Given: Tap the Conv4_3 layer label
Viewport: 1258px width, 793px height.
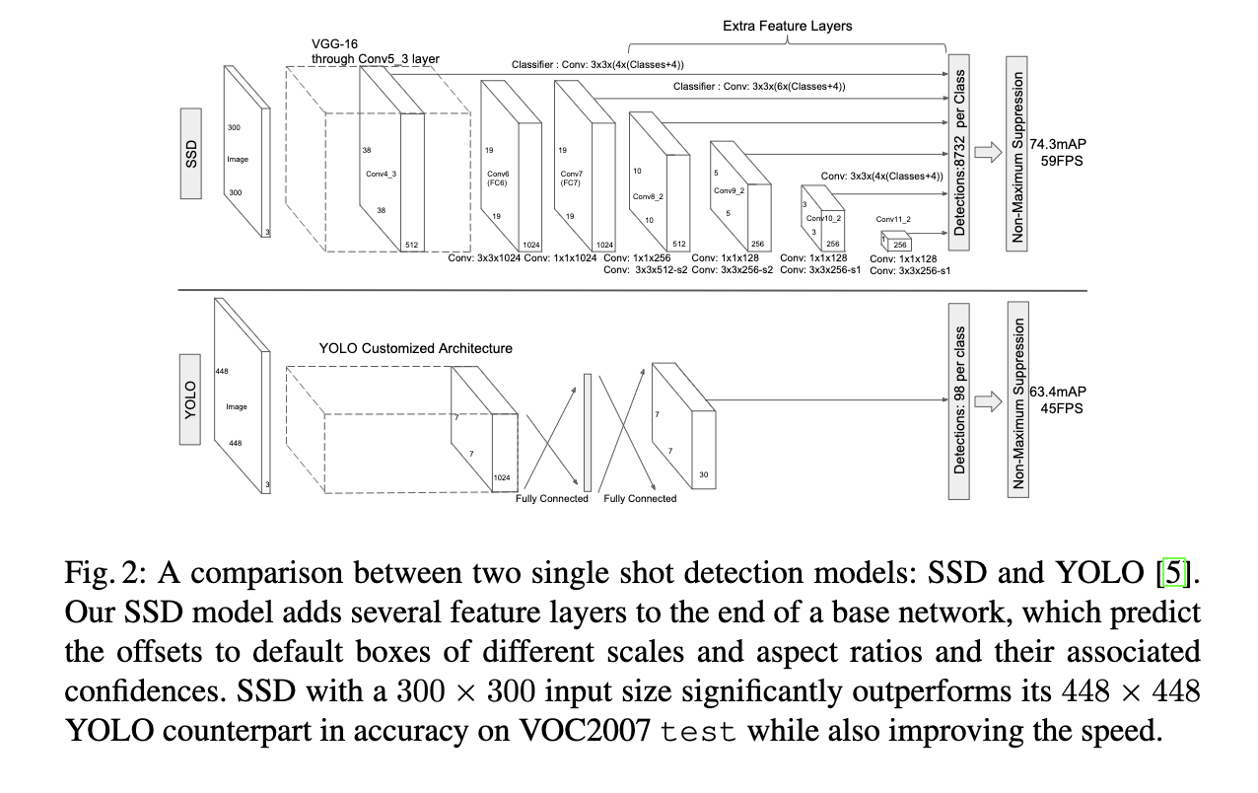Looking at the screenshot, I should click(381, 175).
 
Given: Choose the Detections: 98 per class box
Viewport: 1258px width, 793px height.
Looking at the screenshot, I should click(958, 400).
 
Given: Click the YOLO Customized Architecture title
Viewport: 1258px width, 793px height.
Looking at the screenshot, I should click(415, 348).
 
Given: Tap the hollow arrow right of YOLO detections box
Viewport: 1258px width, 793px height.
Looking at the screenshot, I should click(989, 400).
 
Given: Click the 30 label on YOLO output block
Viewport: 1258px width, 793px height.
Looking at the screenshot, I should click(702, 474).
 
